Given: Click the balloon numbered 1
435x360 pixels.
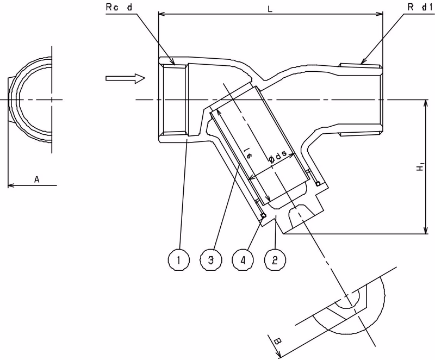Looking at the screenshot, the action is (x=179, y=260).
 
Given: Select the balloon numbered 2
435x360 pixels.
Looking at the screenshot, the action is (x=275, y=260).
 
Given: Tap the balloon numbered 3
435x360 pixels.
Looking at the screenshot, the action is (x=211, y=260).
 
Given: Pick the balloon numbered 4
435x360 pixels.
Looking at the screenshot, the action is (x=243, y=260).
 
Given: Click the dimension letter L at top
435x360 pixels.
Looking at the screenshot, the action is (x=270, y=9).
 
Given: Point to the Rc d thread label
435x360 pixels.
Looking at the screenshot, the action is (x=119, y=7).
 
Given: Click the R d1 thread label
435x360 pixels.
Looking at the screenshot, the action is (x=420, y=7).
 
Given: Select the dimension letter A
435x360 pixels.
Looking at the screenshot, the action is (x=37, y=179).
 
